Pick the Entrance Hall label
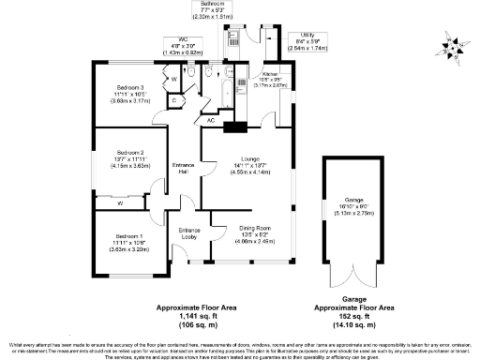184,171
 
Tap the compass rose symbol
453,43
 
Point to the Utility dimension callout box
307,40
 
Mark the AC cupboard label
210,120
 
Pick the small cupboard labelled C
175,99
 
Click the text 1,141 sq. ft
190,322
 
